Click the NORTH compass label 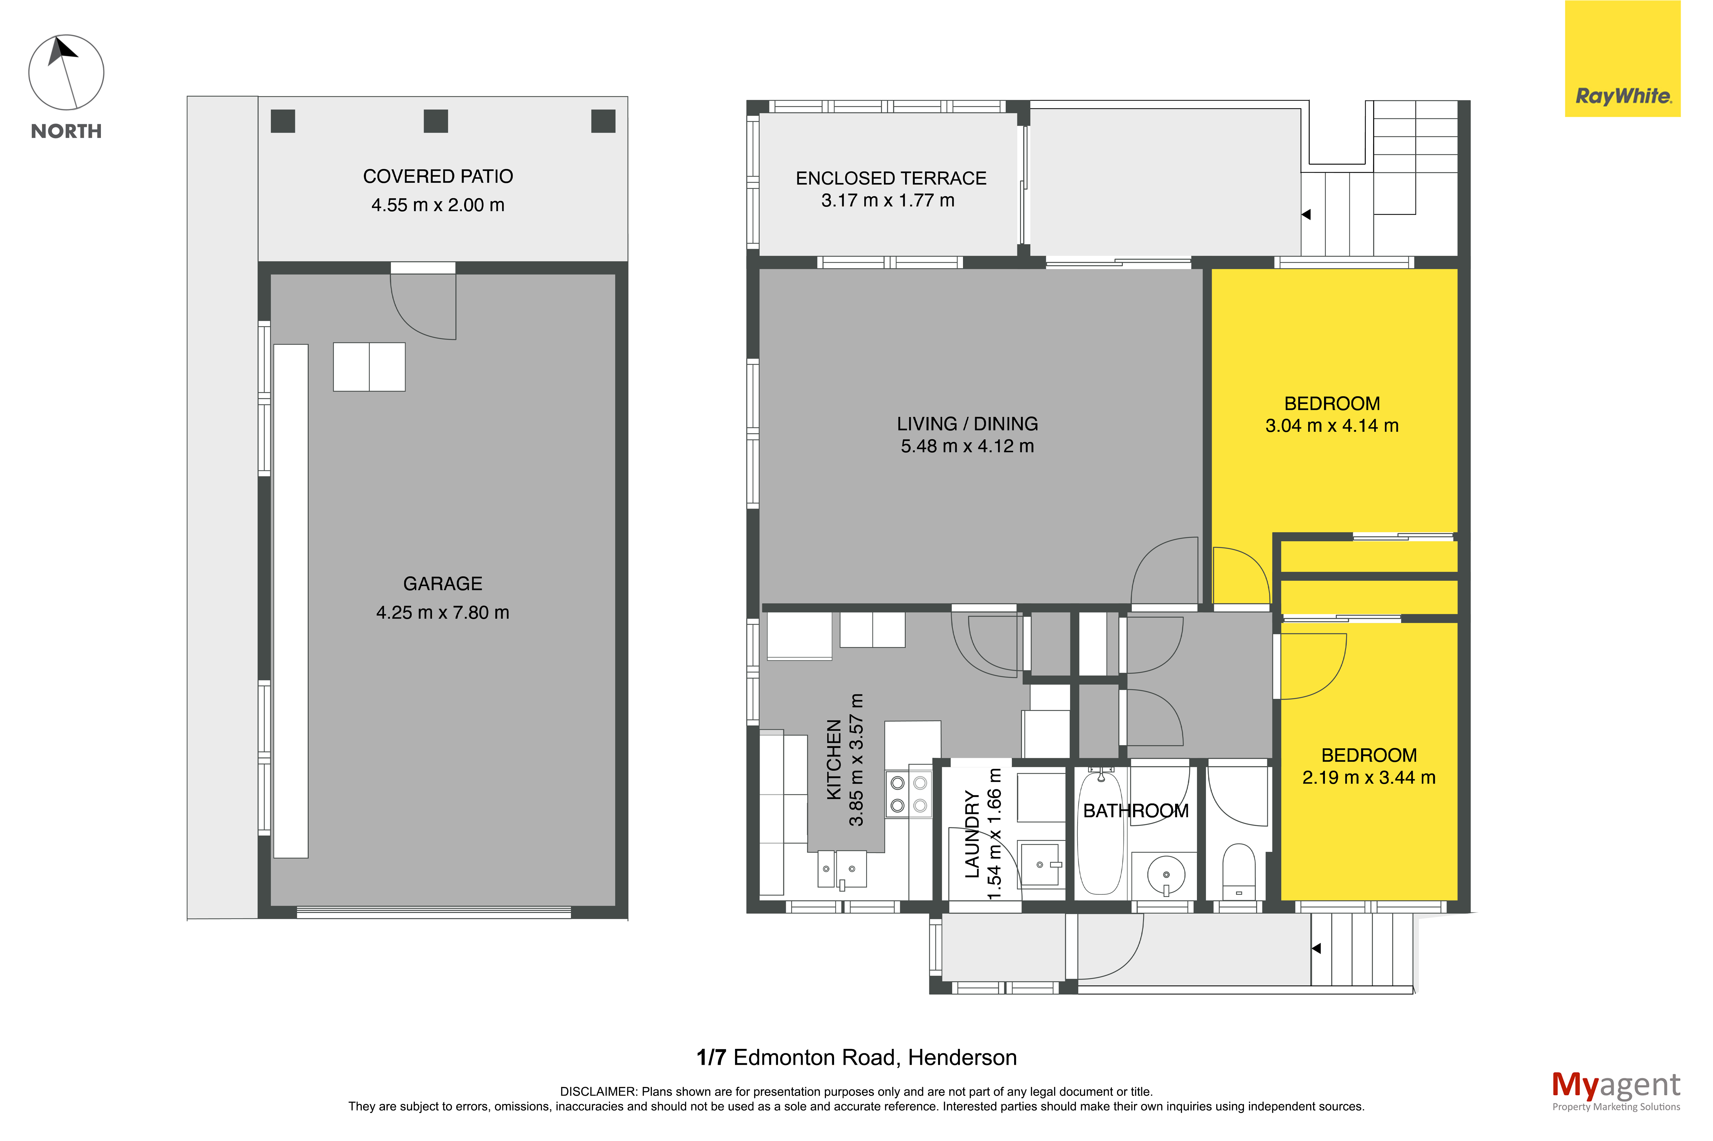tap(66, 131)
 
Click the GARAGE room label tap(443, 584)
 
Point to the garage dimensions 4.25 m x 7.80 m tap(443, 613)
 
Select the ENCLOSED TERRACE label tap(891, 178)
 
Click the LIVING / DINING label tap(967, 424)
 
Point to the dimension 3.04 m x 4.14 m tap(1331, 426)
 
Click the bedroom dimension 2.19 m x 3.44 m tap(1369, 777)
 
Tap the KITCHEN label tap(834, 760)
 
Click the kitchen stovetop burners tap(909, 794)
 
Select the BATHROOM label tap(1136, 811)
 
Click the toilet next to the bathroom tap(1238, 871)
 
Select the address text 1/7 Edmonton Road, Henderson tap(856, 1057)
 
